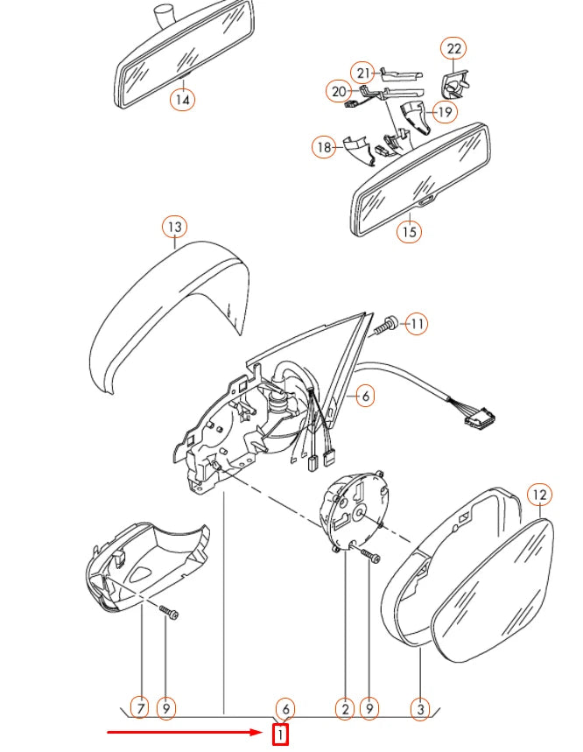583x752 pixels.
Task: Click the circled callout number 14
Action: point(182,99)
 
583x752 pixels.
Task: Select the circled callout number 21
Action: point(363,71)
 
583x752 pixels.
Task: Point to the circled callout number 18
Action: point(325,147)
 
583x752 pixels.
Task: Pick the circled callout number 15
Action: point(409,232)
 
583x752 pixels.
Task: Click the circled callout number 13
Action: point(174,228)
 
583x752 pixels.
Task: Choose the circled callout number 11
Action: point(418,324)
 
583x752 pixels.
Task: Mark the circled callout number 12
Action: point(540,495)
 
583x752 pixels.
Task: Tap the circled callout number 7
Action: point(139,707)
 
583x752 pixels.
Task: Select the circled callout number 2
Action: point(345,707)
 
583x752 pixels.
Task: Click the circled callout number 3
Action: point(420,707)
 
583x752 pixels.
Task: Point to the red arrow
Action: point(184,730)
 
